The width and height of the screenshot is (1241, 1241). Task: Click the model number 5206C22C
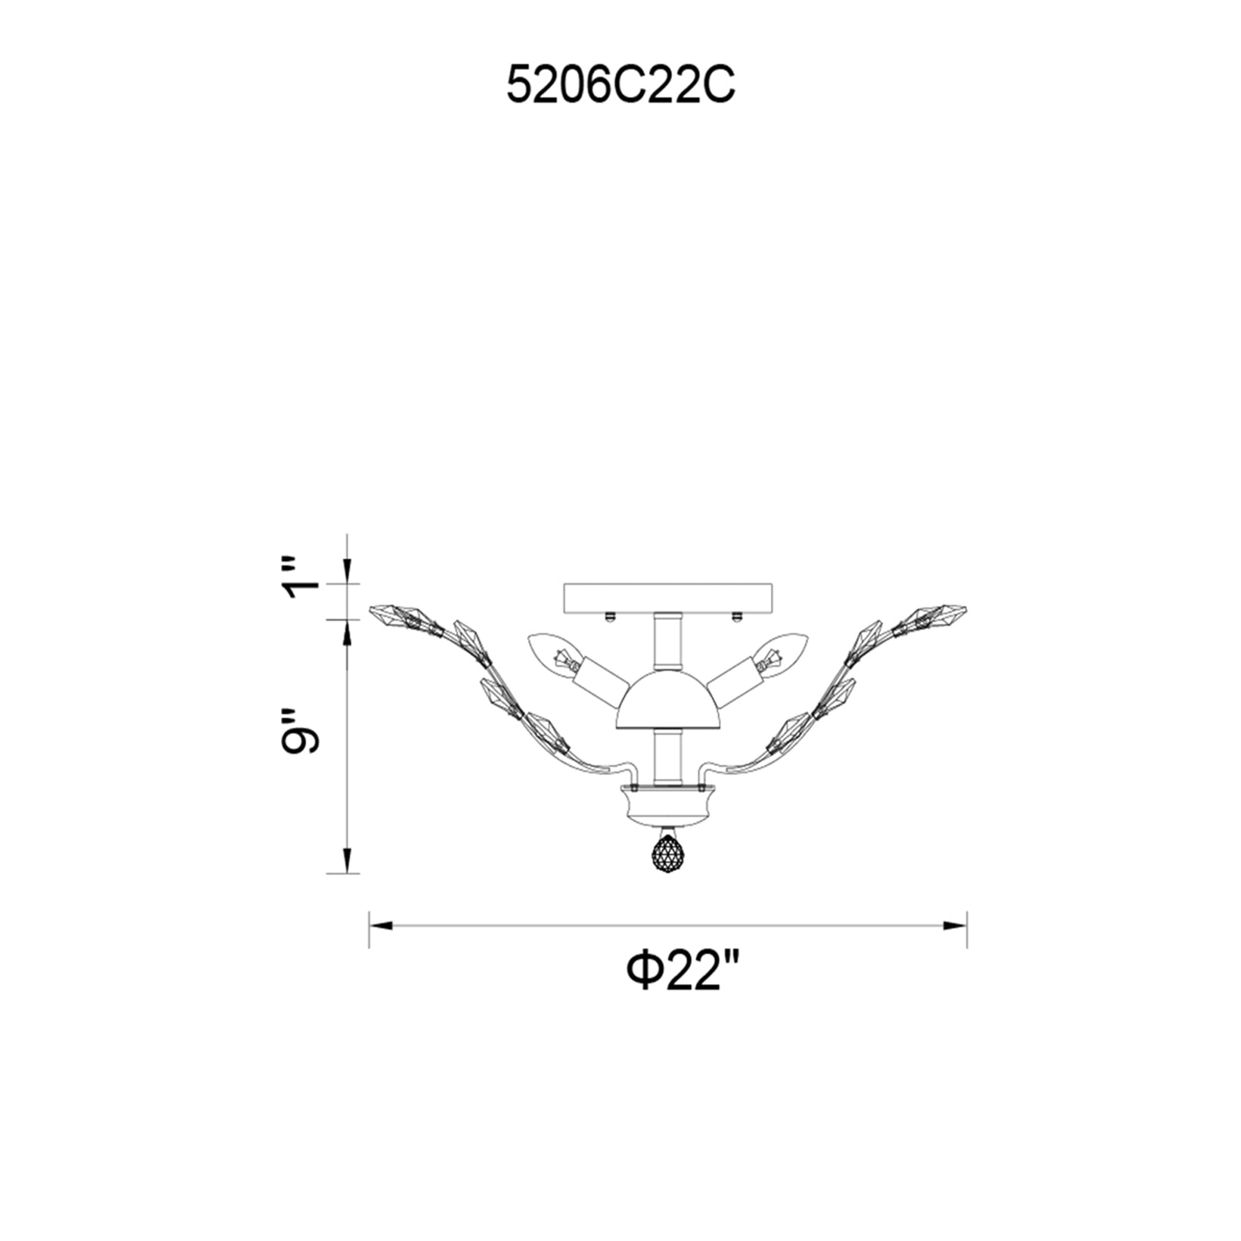tap(620, 86)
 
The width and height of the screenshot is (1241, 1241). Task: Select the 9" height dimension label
tap(299, 731)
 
